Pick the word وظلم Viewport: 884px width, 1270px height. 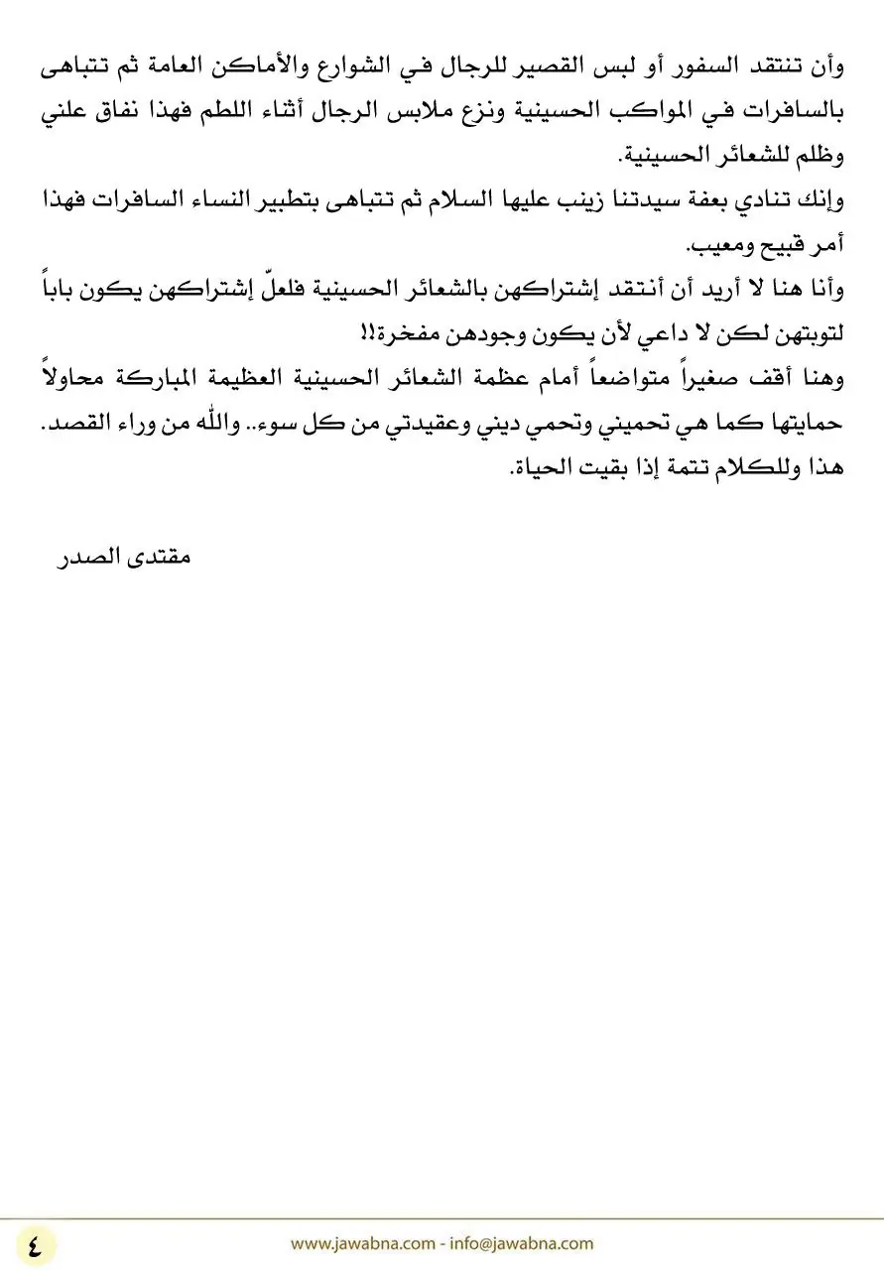(816, 157)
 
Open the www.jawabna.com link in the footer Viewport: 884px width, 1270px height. (362, 1243)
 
